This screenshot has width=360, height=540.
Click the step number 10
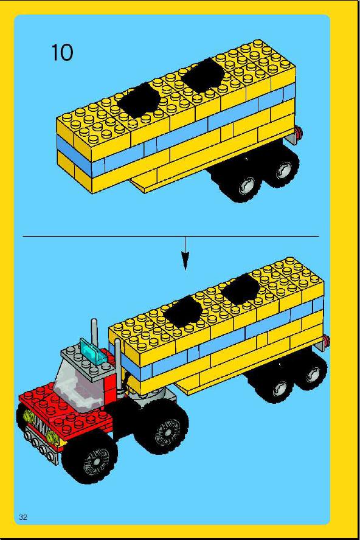[x=63, y=53]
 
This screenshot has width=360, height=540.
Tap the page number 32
[x=24, y=517]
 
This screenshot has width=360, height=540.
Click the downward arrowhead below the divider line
[x=185, y=261]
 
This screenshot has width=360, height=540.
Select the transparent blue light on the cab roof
[x=94, y=350]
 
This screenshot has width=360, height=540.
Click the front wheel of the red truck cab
[x=90, y=457]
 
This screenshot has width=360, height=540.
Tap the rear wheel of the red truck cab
[x=162, y=426]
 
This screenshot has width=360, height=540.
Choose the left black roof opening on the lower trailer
[x=183, y=313]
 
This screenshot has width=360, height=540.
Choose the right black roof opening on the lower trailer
[x=241, y=289]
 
